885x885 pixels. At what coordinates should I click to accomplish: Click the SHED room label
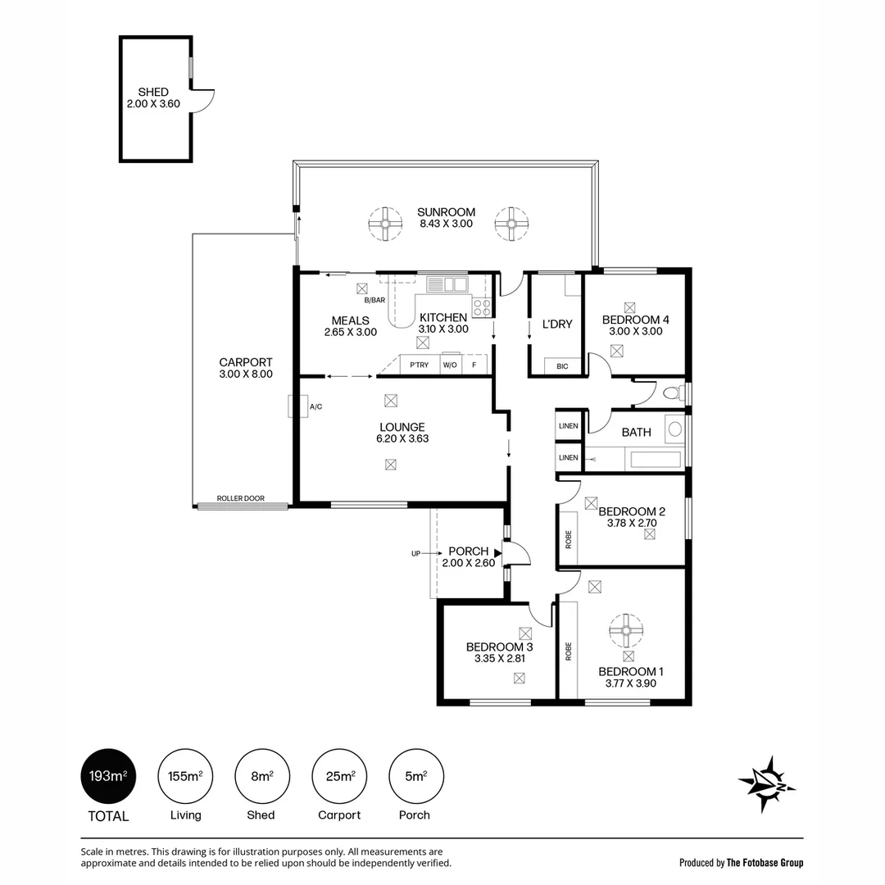click(x=153, y=92)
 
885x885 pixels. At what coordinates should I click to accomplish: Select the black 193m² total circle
click(x=108, y=776)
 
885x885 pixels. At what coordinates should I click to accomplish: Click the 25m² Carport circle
click(x=339, y=776)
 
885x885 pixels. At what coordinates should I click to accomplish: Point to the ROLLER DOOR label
click(x=240, y=498)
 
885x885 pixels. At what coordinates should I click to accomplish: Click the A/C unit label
click(x=315, y=406)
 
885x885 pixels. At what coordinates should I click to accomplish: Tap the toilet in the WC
click(x=673, y=393)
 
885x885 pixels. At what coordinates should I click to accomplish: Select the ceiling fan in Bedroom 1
click(x=626, y=630)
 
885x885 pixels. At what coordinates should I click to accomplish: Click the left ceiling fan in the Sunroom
click(x=385, y=224)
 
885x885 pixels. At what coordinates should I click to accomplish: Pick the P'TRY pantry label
click(x=420, y=365)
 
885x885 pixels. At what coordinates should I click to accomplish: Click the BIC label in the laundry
click(x=562, y=366)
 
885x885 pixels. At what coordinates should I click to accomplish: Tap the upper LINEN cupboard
click(x=569, y=425)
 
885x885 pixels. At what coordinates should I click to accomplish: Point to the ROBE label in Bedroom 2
click(x=569, y=539)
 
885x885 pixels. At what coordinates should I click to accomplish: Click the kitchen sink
click(x=447, y=284)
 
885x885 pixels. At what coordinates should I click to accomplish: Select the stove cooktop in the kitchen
click(x=482, y=307)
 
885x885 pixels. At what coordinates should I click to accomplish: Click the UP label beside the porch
click(x=416, y=554)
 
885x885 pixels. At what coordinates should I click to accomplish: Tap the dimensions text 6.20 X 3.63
click(x=402, y=438)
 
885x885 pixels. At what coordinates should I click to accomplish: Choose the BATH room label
click(x=636, y=433)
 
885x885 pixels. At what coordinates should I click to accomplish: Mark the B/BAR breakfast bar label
click(x=374, y=300)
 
